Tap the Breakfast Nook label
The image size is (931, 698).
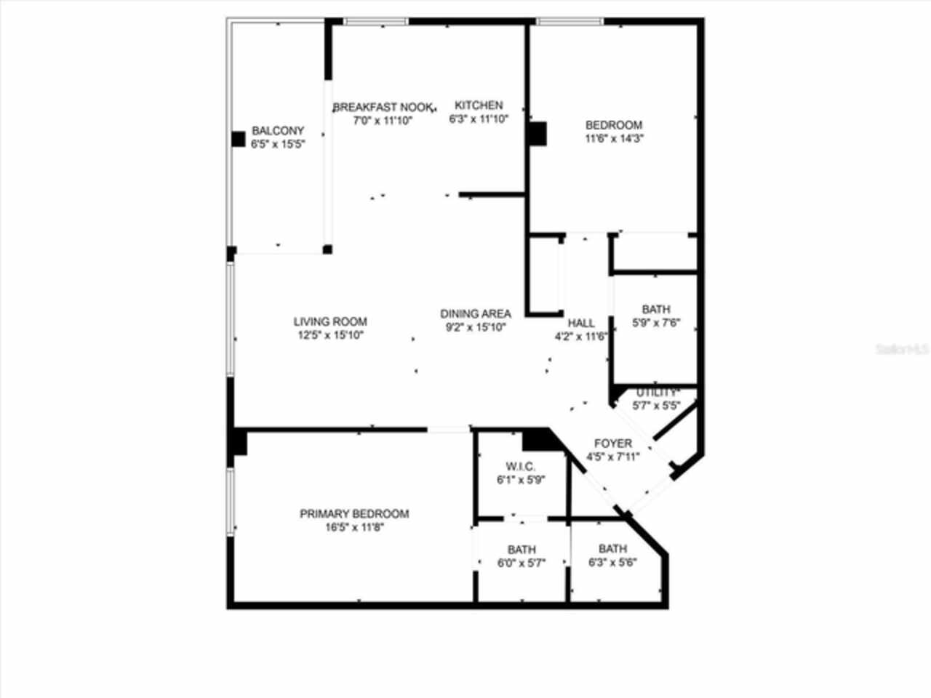point(383,107)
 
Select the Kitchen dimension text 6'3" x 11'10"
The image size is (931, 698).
point(478,119)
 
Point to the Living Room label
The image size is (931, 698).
point(330,321)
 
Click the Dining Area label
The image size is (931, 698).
point(476,314)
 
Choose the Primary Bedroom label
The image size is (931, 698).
point(354,514)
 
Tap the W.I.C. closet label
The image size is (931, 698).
point(521,466)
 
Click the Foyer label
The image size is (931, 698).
point(612,444)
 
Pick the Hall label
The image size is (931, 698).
point(580,323)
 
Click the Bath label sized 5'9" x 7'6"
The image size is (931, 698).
point(655,310)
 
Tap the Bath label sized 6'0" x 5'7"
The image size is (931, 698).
point(522,550)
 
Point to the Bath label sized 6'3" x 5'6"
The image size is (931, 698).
point(612,549)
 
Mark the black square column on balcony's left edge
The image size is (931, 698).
point(239,139)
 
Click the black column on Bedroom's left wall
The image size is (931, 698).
point(538,134)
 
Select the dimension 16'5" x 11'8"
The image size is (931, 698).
point(354,527)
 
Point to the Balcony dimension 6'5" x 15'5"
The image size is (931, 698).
point(277,144)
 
